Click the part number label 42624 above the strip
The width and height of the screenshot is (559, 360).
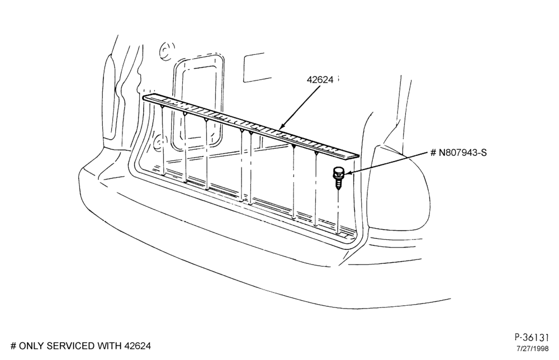tap(320, 80)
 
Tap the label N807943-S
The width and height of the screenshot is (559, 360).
tap(462, 153)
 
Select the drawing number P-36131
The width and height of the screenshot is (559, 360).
tap(531, 337)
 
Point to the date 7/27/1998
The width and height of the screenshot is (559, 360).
tap(532, 349)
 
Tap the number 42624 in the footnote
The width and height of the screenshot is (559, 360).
tap(138, 345)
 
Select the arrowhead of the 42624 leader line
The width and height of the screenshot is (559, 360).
tap(282, 125)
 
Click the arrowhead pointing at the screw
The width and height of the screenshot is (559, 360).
tap(348, 173)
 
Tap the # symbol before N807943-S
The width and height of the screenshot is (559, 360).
tap(433, 153)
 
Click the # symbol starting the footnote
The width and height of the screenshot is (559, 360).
tap(13, 345)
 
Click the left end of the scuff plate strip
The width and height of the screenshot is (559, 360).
tap(144, 97)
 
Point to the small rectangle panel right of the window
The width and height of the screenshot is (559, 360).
tap(254, 68)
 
